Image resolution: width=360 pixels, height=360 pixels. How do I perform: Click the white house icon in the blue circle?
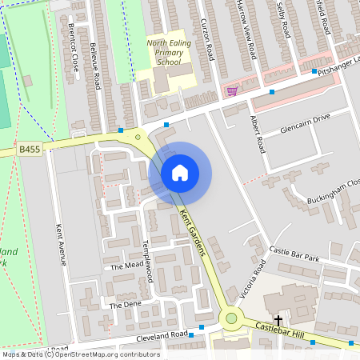180,173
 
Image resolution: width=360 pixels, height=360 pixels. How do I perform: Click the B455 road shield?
30,149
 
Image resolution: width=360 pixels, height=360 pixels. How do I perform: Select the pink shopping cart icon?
232,91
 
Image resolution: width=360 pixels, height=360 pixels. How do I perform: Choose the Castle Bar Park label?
294,254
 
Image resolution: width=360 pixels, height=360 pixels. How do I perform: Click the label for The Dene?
125,305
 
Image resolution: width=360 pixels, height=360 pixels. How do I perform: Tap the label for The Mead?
126,266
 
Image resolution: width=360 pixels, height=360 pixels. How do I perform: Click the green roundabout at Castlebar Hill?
232,318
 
